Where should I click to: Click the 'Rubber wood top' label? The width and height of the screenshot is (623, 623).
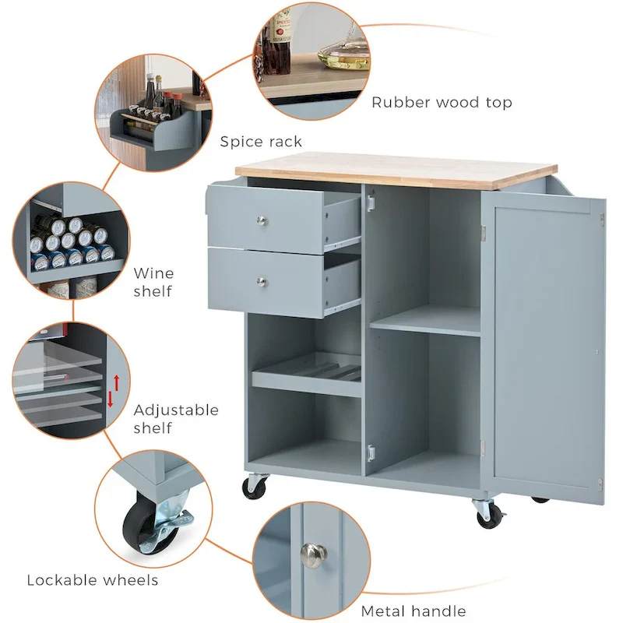pyautogui.click(x=442, y=102)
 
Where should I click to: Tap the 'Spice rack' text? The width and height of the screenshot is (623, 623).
pyautogui.click(x=261, y=141)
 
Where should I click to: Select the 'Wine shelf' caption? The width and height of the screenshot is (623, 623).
pyautogui.click(x=153, y=282)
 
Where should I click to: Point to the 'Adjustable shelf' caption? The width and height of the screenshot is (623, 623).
pyautogui.click(x=176, y=418)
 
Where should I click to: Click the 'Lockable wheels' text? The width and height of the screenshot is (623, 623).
pyautogui.click(x=93, y=579)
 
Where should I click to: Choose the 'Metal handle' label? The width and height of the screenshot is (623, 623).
pyautogui.click(x=414, y=611)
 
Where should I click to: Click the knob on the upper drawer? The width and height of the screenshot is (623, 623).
pyautogui.click(x=262, y=222)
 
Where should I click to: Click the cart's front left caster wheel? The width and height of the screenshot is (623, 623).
pyautogui.click(x=255, y=487)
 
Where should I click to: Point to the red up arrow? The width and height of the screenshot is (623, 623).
pyautogui.click(x=117, y=382)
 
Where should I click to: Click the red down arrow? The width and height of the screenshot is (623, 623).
pyautogui.click(x=111, y=399)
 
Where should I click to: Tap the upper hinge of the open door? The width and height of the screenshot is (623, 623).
pyautogui.click(x=484, y=231)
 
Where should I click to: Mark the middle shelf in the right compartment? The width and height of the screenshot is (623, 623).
pyautogui.click(x=425, y=322)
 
